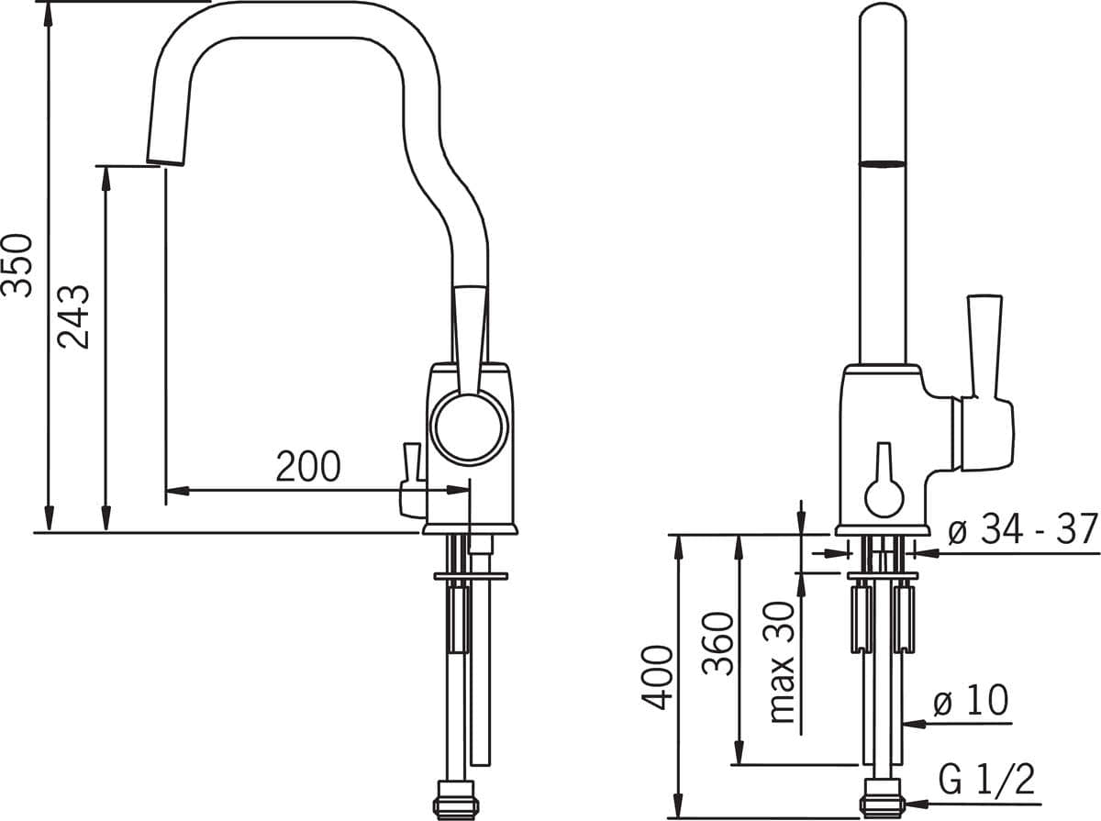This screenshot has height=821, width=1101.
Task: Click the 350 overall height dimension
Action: (x=17, y=265)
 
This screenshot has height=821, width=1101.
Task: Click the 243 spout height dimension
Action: (x=73, y=317)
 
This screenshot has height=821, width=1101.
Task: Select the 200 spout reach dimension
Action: (x=308, y=466)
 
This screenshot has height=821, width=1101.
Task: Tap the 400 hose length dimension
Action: (x=658, y=677)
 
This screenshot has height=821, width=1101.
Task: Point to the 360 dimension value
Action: (x=717, y=643)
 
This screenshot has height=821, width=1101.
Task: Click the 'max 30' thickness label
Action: (x=782, y=662)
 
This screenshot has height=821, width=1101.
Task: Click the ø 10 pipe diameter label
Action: (x=971, y=700)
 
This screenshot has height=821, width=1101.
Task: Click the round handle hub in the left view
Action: (x=469, y=427)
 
